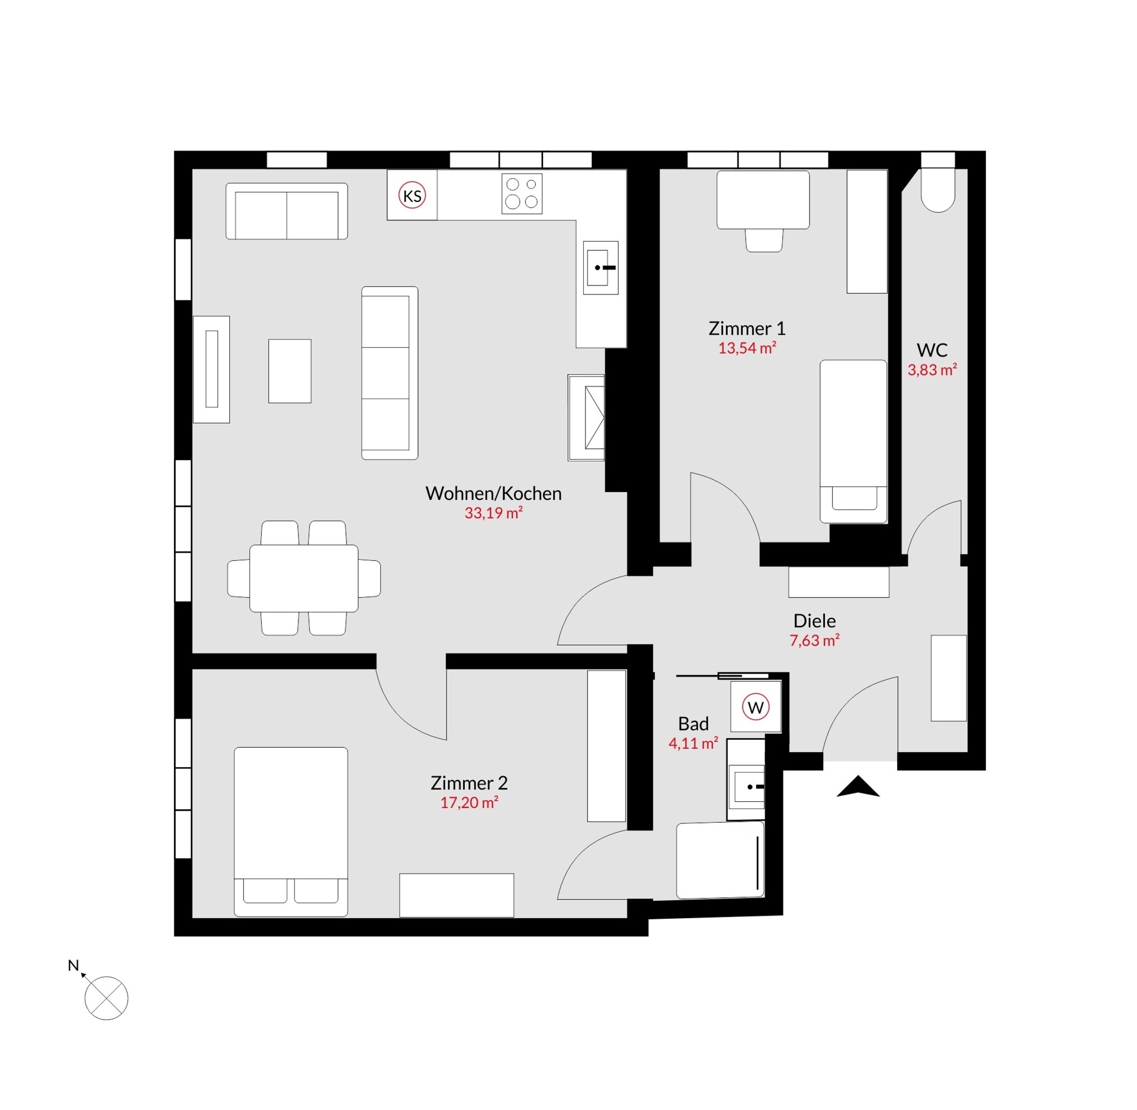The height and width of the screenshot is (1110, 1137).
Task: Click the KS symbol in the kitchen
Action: pyautogui.click(x=412, y=195)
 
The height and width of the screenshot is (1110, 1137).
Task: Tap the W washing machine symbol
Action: pyautogui.click(x=756, y=707)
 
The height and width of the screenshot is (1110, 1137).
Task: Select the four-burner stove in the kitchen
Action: pyautogui.click(x=522, y=193)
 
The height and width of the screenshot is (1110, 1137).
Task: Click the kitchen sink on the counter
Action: pyautogui.click(x=600, y=268)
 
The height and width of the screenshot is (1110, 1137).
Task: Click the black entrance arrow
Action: pyautogui.click(x=858, y=788)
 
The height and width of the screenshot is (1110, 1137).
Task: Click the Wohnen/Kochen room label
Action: pyautogui.click(x=493, y=493)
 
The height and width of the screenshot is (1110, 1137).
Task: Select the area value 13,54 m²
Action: pyautogui.click(x=747, y=348)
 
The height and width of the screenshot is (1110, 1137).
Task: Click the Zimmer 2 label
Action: pyautogui.click(x=469, y=783)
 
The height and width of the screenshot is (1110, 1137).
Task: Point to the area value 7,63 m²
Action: pyautogui.click(x=814, y=640)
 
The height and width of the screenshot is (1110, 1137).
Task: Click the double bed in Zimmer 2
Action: pyautogui.click(x=291, y=831)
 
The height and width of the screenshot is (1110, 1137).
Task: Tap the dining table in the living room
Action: pyautogui.click(x=304, y=578)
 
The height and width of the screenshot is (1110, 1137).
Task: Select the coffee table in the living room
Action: pyautogui.click(x=290, y=371)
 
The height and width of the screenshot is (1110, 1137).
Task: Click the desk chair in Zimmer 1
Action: pyautogui.click(x=764, y=240)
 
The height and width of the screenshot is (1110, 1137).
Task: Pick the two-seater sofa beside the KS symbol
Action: pyautogui.click(x=287, y=211)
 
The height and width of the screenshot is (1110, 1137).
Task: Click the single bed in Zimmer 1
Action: pyautogui.click(x=853, y=441)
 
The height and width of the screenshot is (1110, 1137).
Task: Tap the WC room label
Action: pyautogui.click(x=932, y=350)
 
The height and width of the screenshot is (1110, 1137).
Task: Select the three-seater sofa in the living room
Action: pyautogui.click(x=389, y=373)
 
